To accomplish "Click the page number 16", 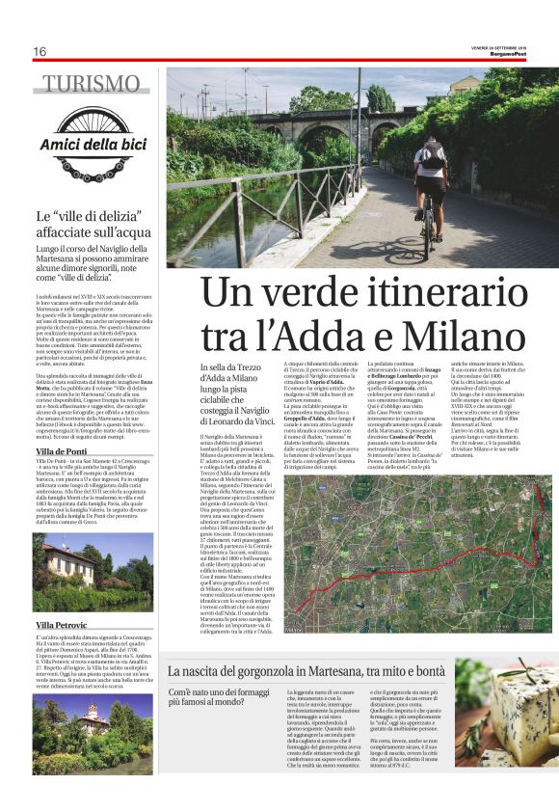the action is pyautogui.click(x=40, y=51).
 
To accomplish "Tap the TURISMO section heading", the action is pyautogui.click(x=92, y=84).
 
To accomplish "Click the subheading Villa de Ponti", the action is pyautogui.click(x=61, y=451).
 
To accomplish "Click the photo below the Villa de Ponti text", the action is pyautogui.click(x=92, y=571).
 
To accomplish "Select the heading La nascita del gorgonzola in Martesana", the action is pyautogui.click(x=306, y=670).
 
